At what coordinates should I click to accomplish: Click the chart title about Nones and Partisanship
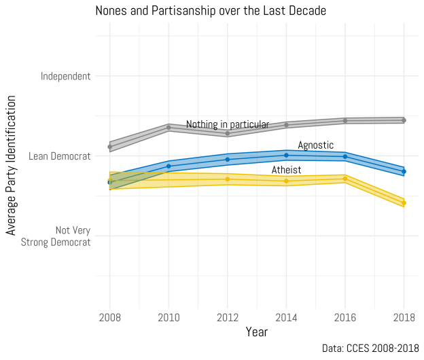coord(211,11)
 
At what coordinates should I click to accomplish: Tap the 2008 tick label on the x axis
coord(109,317)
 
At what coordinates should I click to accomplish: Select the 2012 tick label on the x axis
coord(227,317)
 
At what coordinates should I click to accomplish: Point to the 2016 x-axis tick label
coord(345,317)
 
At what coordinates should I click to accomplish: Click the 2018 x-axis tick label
coord(404,317)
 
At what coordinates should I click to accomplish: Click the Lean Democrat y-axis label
coord(59,156)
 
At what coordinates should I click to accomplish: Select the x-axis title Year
coord(257,332)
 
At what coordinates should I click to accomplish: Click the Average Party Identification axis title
coord(11,166)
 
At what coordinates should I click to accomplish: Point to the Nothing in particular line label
coord(228,124)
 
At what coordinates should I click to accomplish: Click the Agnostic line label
coord(316,145)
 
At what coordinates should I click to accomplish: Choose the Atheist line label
coord(286,170)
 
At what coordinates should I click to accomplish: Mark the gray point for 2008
coord(109,147)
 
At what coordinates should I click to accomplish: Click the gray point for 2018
coord(404,120)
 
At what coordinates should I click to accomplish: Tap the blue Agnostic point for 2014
coord(286,155)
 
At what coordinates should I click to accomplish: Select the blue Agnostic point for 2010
coord(169,166)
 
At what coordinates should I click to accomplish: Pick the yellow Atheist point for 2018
coord(404,203)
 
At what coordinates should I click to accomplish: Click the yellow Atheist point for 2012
coord(227,179)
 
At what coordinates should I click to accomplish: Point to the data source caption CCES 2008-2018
coord(370,348)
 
